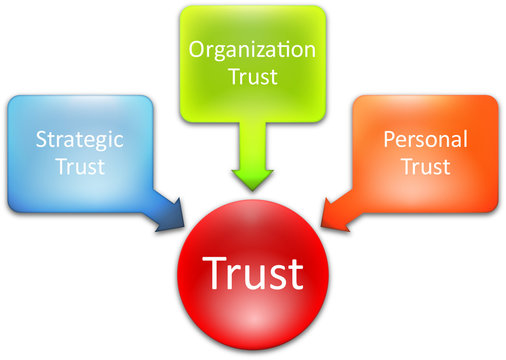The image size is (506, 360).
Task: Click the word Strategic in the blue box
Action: [81, 139]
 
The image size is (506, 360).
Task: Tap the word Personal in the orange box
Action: [425, 139]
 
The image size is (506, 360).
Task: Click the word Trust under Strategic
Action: [81, 166]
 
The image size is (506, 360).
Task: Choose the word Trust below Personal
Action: [425, 166]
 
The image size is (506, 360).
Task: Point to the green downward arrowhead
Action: [251, 177]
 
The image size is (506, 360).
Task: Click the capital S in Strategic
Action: [42, 139]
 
